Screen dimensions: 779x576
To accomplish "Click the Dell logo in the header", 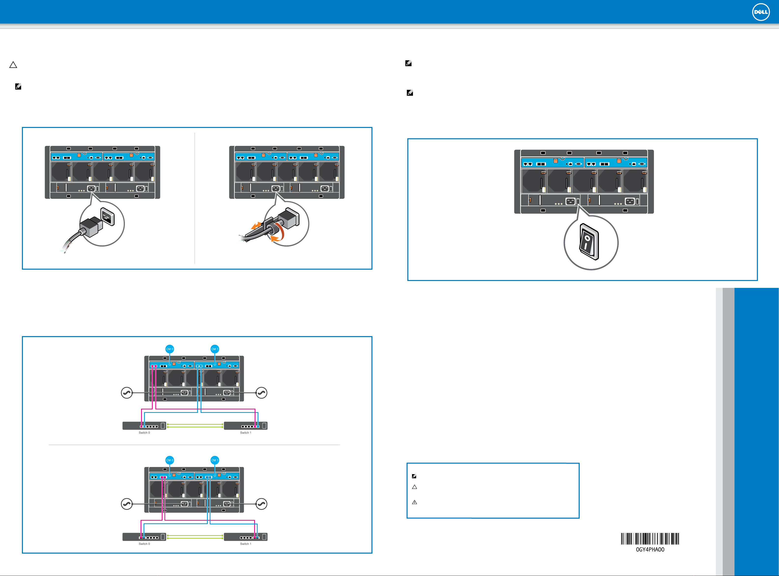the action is click(x=761, y=12).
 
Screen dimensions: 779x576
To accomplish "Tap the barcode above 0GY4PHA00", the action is click(x=650, y=539).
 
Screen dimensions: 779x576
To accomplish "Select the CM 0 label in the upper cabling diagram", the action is click(x=169, y=349).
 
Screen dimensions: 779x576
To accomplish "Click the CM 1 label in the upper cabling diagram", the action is click(x=215, y=349).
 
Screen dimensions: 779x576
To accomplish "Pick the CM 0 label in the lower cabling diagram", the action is click(x=169, y=460).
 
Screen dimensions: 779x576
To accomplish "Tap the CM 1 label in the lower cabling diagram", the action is click(x=215, y=460).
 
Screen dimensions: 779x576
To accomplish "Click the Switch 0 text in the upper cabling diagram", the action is click(x=144, y=433).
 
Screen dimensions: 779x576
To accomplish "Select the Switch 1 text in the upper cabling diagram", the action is click(x=246, y=433).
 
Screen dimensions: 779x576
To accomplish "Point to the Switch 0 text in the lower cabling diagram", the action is click(x=144, y=544).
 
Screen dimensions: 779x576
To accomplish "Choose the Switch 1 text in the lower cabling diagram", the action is click(x=246, y=544).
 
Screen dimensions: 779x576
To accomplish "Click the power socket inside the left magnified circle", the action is click(x=107, y=217).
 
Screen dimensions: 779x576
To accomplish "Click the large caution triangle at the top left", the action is click(x=13, y=65).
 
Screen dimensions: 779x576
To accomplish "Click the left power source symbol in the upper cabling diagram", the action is click(x=126, y=393).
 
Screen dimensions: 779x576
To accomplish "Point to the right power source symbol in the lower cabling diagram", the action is click(x=261, y=504).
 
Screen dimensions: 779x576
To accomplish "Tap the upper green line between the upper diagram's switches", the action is click(x=195, y=424).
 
